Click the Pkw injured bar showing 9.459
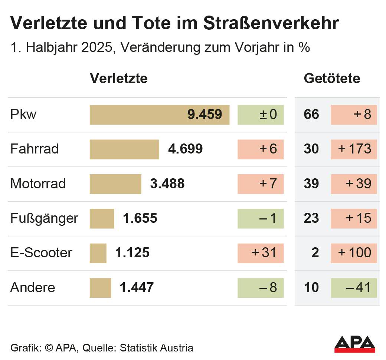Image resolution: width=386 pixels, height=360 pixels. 160,115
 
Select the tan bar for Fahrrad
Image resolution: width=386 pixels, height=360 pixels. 124,149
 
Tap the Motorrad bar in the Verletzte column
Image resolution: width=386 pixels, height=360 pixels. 115,184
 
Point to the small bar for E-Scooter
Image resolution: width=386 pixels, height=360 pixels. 98,253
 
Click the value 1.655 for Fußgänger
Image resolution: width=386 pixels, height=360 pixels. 140,218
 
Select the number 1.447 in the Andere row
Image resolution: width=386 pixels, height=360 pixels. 137,288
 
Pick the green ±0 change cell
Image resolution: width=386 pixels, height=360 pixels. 261,115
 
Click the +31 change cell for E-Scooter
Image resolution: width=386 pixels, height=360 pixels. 261,253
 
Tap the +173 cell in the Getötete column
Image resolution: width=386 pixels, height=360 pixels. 353,149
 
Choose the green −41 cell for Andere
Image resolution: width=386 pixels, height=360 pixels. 353,288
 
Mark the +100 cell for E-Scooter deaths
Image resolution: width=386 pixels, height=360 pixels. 353,253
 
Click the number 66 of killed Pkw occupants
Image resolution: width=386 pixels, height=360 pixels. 311,115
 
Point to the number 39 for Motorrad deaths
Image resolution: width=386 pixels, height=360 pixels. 311,184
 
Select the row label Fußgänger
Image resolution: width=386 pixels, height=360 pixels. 44,218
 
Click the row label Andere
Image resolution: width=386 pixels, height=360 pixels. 33,288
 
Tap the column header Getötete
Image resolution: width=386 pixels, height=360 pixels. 332,79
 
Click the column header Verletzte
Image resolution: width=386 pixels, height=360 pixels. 118,79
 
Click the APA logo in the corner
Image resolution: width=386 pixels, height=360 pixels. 354,344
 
